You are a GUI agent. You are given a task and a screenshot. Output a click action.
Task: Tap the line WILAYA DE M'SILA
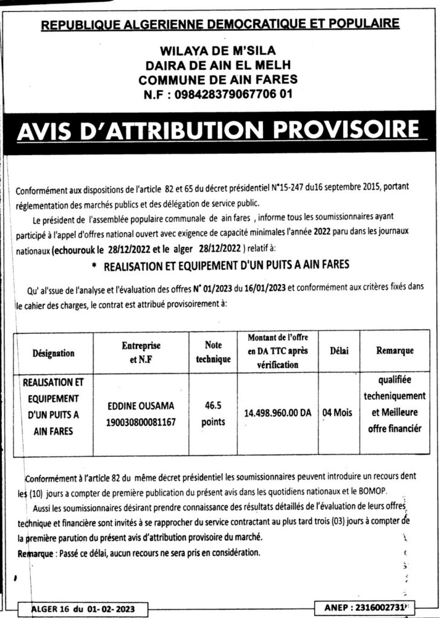pyautogui.click(x=218, y=51)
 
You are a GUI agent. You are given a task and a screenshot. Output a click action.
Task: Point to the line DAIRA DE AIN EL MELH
pyautogui.click(x=218, y=65)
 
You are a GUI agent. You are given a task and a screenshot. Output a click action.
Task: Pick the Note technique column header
pyautogui.click(x=213, y=352)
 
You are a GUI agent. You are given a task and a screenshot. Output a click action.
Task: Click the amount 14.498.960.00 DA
pyautogui.click(x=278, y=413)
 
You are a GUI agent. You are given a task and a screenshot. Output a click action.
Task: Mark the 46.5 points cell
pyautogui.click(x=213, y=413)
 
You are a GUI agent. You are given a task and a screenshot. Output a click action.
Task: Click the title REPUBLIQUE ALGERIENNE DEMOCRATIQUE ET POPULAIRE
pyautogui.click(x=220, y=24)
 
